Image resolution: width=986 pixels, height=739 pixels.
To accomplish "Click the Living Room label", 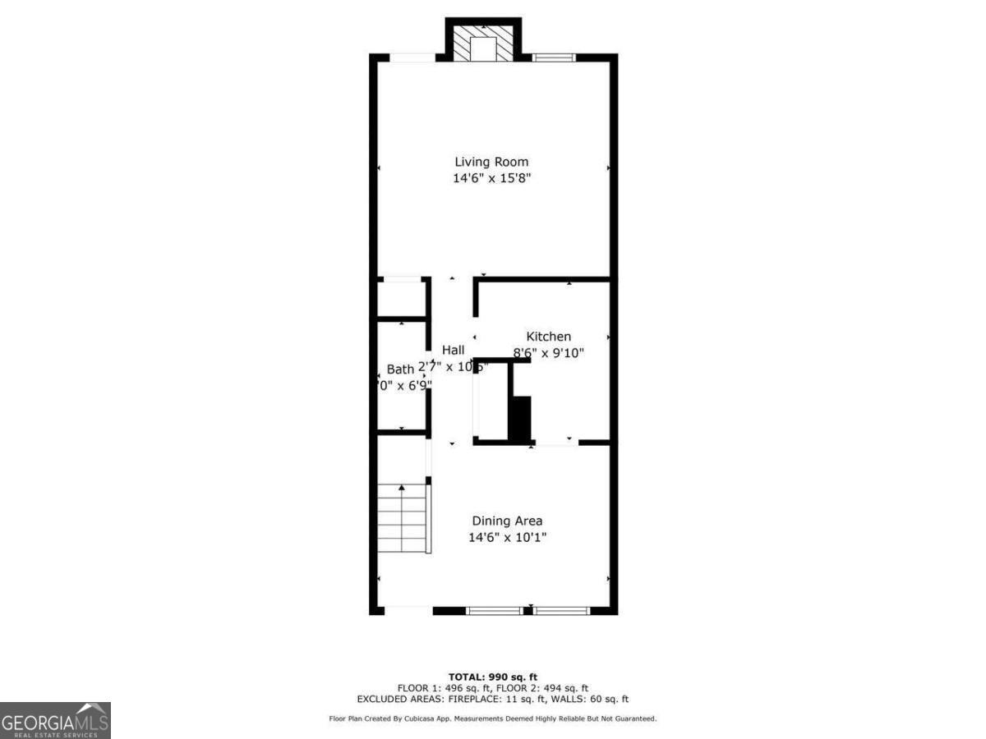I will pos(491,162).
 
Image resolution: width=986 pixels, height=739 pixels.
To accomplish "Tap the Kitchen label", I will pos(548,337).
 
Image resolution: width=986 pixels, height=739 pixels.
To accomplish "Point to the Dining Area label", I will pos(506,521).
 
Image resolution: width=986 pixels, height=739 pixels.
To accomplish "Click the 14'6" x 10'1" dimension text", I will pos(506,538).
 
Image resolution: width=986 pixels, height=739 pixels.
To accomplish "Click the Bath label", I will pos(400,369).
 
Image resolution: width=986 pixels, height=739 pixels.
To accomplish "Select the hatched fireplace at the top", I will pos(482,41).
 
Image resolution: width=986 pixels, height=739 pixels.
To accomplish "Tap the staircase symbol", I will pos(402,519).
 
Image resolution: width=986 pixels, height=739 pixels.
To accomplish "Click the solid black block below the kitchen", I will pos(520,419).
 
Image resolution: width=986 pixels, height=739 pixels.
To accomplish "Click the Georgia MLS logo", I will pos(55,720).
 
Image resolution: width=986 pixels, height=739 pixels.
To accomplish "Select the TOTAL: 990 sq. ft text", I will pos(493,677).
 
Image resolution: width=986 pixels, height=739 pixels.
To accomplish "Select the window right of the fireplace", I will pos(553,57).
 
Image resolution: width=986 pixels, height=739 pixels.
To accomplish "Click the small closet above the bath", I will pos(401,298).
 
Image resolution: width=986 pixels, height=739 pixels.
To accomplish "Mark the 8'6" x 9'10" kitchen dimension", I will pos(548,353).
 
